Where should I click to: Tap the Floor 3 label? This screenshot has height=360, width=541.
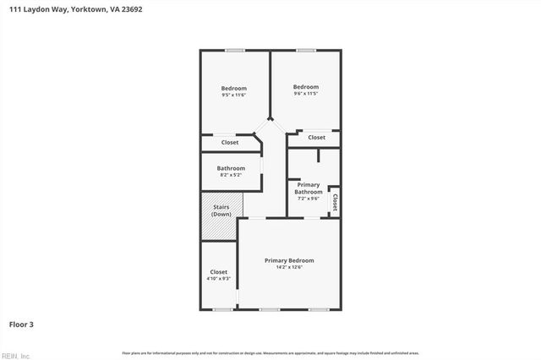point(21,324)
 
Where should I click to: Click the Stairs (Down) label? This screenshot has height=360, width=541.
point(221,210)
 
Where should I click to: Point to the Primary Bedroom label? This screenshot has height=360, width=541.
point(289,260)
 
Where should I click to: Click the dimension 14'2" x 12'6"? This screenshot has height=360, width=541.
point(289,268)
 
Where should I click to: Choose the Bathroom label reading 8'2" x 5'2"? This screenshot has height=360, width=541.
point(231,168)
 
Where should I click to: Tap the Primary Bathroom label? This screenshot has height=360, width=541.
point(308,188)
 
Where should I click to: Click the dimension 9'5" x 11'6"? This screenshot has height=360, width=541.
point(233,95)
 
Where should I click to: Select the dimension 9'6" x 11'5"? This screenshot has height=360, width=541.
point(306,94)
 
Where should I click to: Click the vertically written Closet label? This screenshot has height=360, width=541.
point(335,202)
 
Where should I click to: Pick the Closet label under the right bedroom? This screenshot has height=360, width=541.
point(316,137)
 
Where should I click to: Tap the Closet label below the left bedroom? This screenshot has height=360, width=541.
point(230,143)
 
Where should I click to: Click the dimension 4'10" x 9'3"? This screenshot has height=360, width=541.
point(218,279)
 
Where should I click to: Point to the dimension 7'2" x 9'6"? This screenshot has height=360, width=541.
point(308,199)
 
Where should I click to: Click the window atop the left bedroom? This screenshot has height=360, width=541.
point(234,51)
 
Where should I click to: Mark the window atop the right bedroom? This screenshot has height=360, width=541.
point(306,51)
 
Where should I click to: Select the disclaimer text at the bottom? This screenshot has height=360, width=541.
point(270,352)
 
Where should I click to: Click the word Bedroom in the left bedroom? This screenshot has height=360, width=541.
point(233,89)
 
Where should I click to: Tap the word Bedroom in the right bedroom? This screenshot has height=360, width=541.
point(306,87)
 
